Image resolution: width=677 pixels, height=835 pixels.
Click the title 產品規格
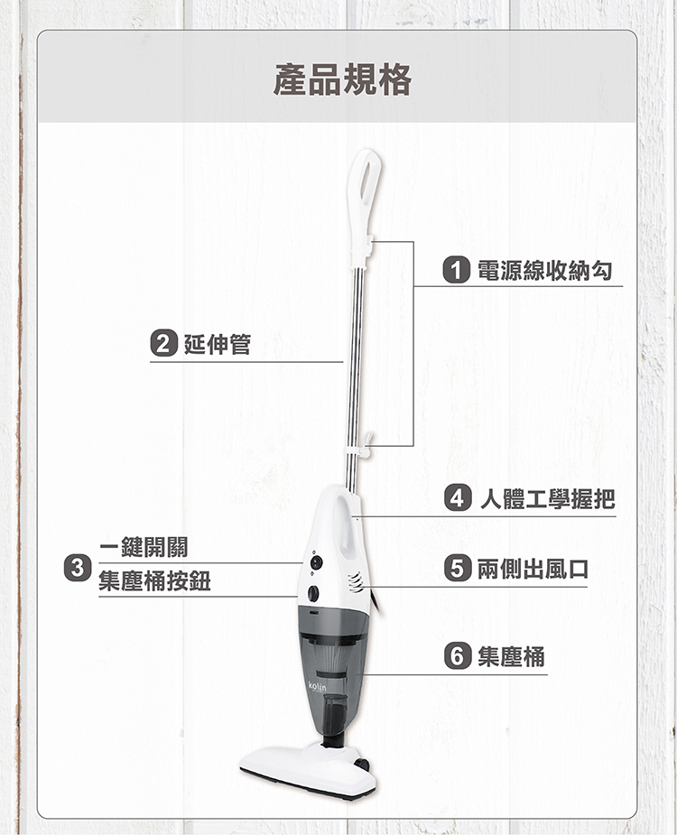342,79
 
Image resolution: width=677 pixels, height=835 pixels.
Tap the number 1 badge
457,270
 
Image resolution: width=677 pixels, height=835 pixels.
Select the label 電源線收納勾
544,270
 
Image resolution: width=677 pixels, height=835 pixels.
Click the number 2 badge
163,344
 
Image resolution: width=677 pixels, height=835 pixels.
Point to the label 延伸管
218,344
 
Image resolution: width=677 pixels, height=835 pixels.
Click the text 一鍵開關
144,547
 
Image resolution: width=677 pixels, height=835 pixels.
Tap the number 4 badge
458,498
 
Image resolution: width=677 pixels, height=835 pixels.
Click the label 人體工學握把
548,499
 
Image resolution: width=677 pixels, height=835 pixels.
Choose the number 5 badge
458,568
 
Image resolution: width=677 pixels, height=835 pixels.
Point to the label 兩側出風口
533,569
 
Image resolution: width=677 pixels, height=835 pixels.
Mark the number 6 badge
458,655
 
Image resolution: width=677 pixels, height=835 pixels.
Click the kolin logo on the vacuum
318,686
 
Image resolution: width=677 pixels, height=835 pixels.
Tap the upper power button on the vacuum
317,561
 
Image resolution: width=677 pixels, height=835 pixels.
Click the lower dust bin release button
313,593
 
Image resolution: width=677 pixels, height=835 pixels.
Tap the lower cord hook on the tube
367,444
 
